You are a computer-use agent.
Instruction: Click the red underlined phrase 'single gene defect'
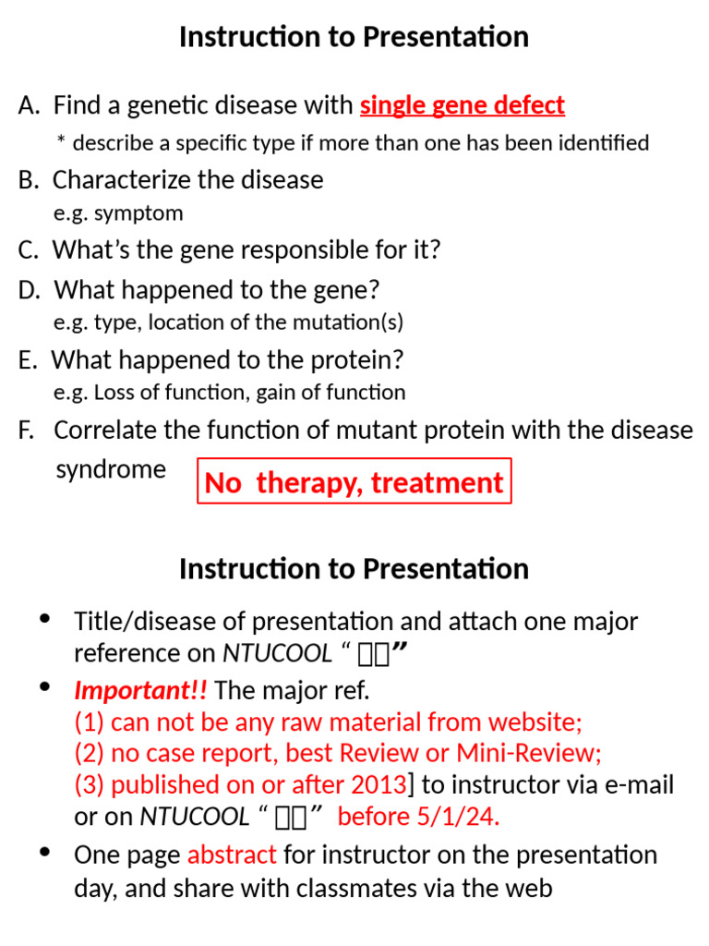[x=462, y=106]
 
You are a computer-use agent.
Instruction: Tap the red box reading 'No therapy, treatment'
[x=354, y=482]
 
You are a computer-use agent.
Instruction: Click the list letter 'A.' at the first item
[x=29, y=106]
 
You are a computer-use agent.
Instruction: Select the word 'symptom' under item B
[x=144, y=213]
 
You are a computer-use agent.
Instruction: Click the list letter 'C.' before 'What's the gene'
[x=29, y=250]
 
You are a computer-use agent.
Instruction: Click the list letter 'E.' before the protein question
[x=28, y=359]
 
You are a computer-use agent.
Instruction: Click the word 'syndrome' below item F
[x=111, y=469]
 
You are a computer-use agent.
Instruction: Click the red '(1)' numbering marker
[x=90, y=722]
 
